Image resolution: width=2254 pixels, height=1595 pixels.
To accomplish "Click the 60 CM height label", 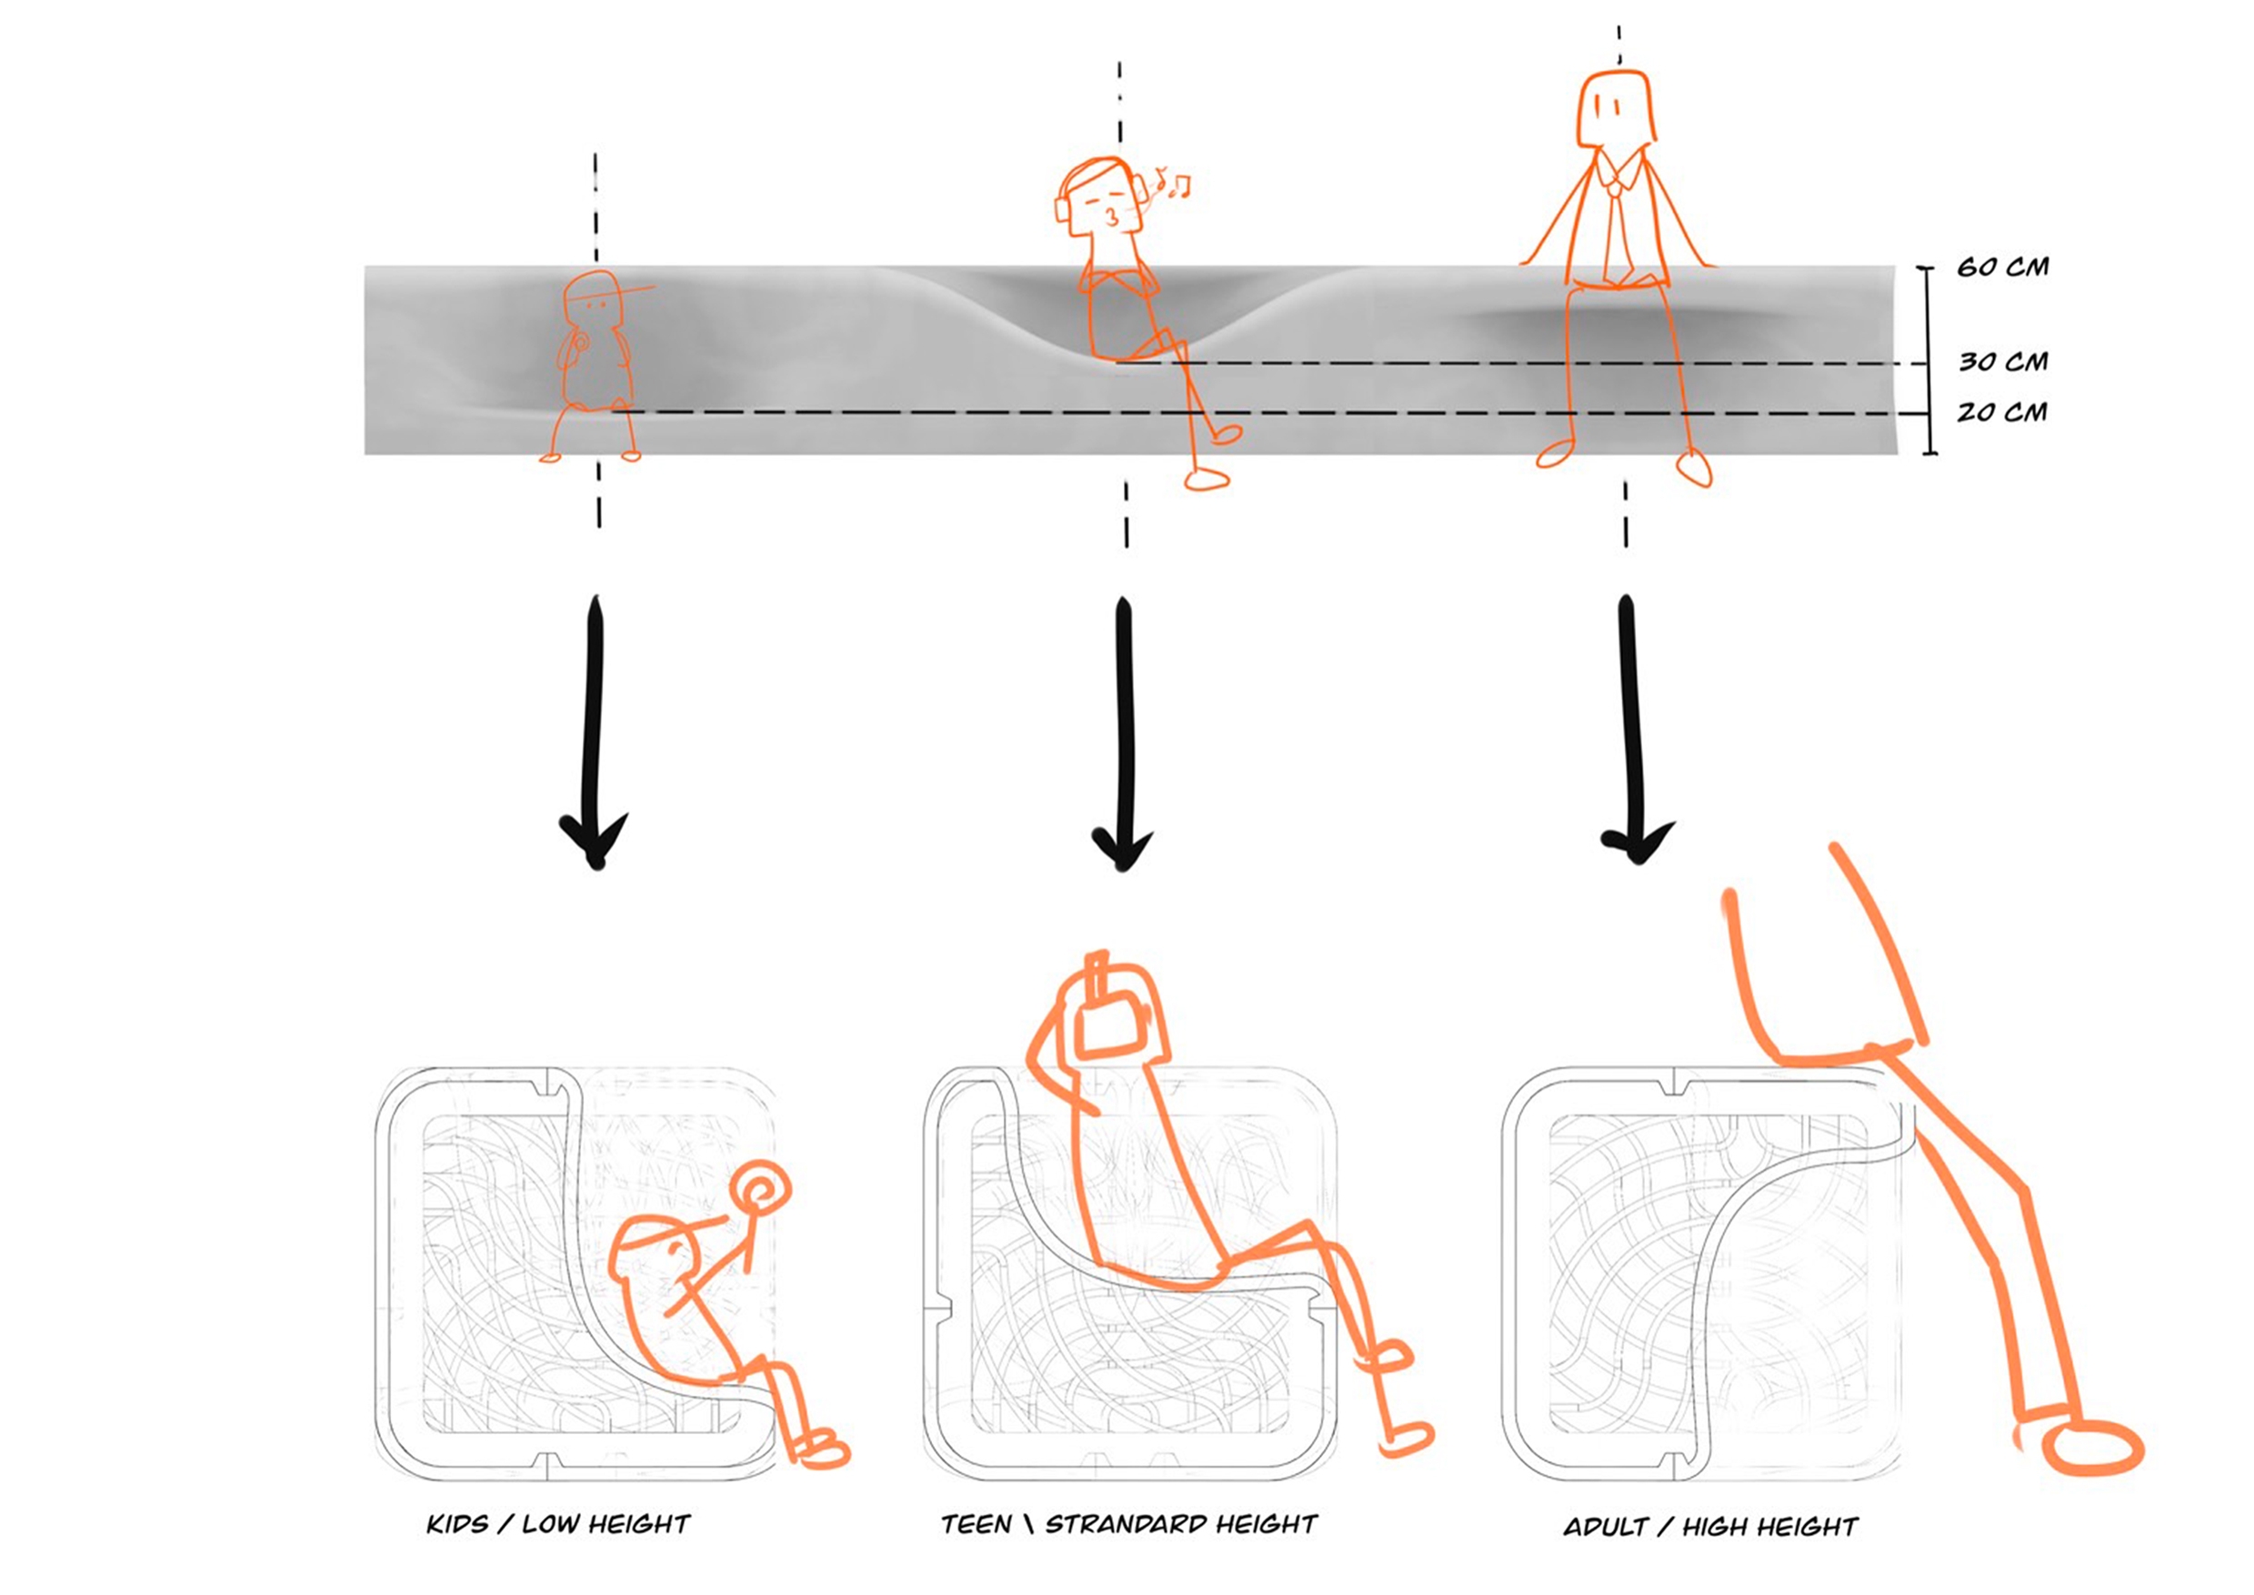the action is [2003, 268].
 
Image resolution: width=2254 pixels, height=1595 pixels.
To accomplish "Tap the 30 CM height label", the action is [2004, 362].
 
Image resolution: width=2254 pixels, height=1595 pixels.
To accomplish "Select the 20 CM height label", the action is [2003, 412].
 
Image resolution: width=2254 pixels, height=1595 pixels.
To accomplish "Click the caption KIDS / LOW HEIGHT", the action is [557, 1524].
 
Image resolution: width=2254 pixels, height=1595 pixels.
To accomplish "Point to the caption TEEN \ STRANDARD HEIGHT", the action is [1129, 1524].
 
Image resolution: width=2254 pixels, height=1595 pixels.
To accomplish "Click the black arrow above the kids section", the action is [594, 732].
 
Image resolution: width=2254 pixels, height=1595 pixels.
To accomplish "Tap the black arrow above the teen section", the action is [1123, 734].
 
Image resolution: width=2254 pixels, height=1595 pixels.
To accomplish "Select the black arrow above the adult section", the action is [1634, 729].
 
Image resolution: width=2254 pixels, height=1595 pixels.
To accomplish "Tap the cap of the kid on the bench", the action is [601, 287].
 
